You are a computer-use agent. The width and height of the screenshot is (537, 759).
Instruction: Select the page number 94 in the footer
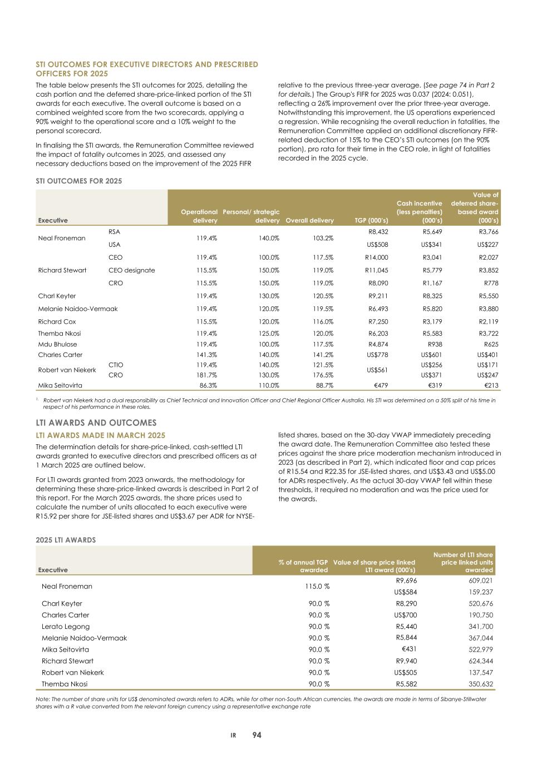tap(257, 735)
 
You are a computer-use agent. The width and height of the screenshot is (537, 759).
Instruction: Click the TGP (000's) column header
tap(371, 220)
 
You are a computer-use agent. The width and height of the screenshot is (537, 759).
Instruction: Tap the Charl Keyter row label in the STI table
tap(57, 296)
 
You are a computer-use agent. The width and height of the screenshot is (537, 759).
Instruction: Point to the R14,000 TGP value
tap(376, 257)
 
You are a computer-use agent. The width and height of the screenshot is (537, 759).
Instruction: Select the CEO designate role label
tap(131, 270)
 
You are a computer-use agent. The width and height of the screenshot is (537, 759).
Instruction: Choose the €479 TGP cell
tap(380, 385)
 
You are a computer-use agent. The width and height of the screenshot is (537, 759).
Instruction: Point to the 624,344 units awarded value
tap(480, 661)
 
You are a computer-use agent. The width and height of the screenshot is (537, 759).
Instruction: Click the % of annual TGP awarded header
tap(303, 566)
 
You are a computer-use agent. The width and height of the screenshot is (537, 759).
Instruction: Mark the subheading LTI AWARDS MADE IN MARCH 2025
tap(101, 435)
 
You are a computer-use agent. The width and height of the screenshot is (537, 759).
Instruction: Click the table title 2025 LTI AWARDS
tap(66, 540)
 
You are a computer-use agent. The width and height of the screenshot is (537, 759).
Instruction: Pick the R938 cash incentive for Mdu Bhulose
tap(434, 344)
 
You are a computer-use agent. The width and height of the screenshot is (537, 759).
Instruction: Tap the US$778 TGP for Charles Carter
tap(376, 355)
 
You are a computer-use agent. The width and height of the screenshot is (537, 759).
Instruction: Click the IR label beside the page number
tap(234, 736)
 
